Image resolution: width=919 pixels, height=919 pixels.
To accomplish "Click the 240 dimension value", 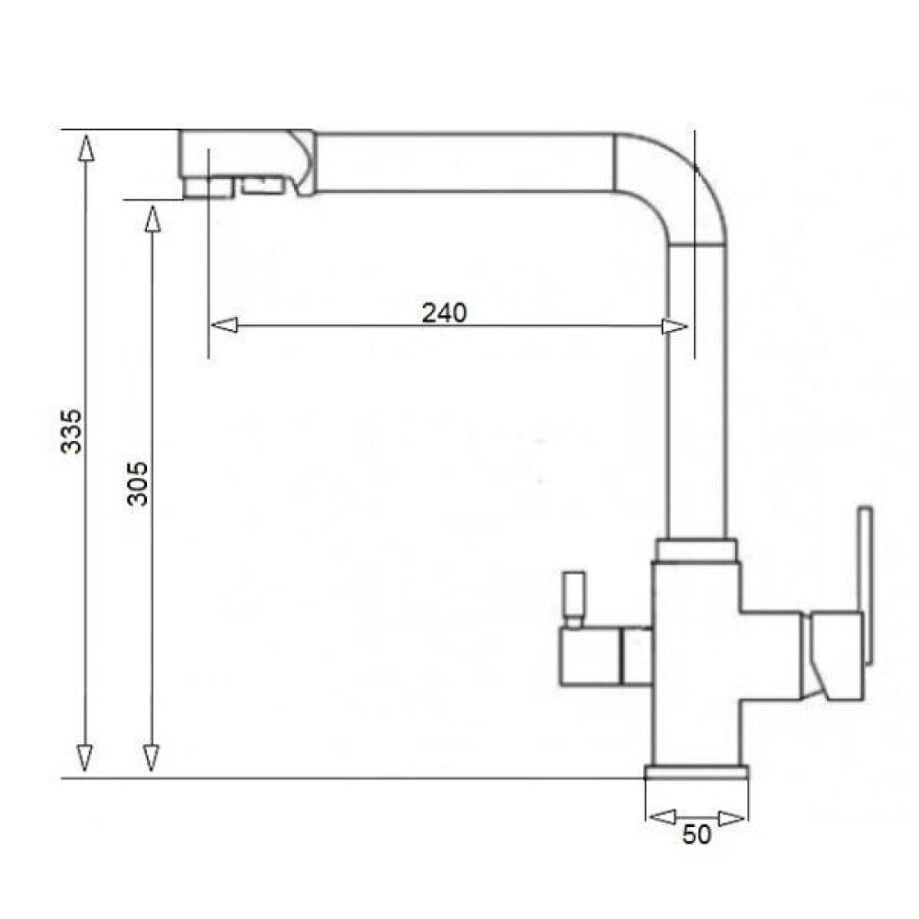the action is coord(444,312).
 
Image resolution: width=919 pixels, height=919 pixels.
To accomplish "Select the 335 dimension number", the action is coord(72,431).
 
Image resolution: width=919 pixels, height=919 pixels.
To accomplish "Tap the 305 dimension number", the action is coord(139,483).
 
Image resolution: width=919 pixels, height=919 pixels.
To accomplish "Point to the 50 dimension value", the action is coord(697,834).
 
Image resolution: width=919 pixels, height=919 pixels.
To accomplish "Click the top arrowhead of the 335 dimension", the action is coord(86,148).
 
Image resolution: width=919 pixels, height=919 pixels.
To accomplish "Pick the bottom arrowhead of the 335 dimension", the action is coord(85,758).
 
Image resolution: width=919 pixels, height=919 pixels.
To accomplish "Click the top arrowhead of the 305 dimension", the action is coord(153,219).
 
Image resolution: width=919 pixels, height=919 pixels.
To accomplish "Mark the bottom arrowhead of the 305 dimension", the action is coord(152,758).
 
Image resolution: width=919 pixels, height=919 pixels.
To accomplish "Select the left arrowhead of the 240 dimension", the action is coord(224,324).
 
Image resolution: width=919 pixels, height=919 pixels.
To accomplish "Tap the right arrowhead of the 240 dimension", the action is coord(675,326).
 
